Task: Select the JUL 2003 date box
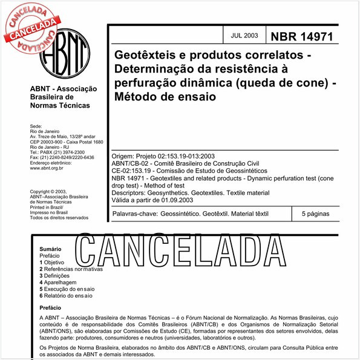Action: coord(244,35)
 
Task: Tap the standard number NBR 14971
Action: coord(301,36)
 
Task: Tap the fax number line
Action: coord(62,157)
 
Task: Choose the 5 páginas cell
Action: coord(315,214)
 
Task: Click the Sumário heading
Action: coord(50,249)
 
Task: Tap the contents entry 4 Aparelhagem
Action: coord(58,282)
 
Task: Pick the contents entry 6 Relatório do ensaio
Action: coord(67,295)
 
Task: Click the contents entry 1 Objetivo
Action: coord(52,263)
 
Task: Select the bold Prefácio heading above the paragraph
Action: coord(50,308)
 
